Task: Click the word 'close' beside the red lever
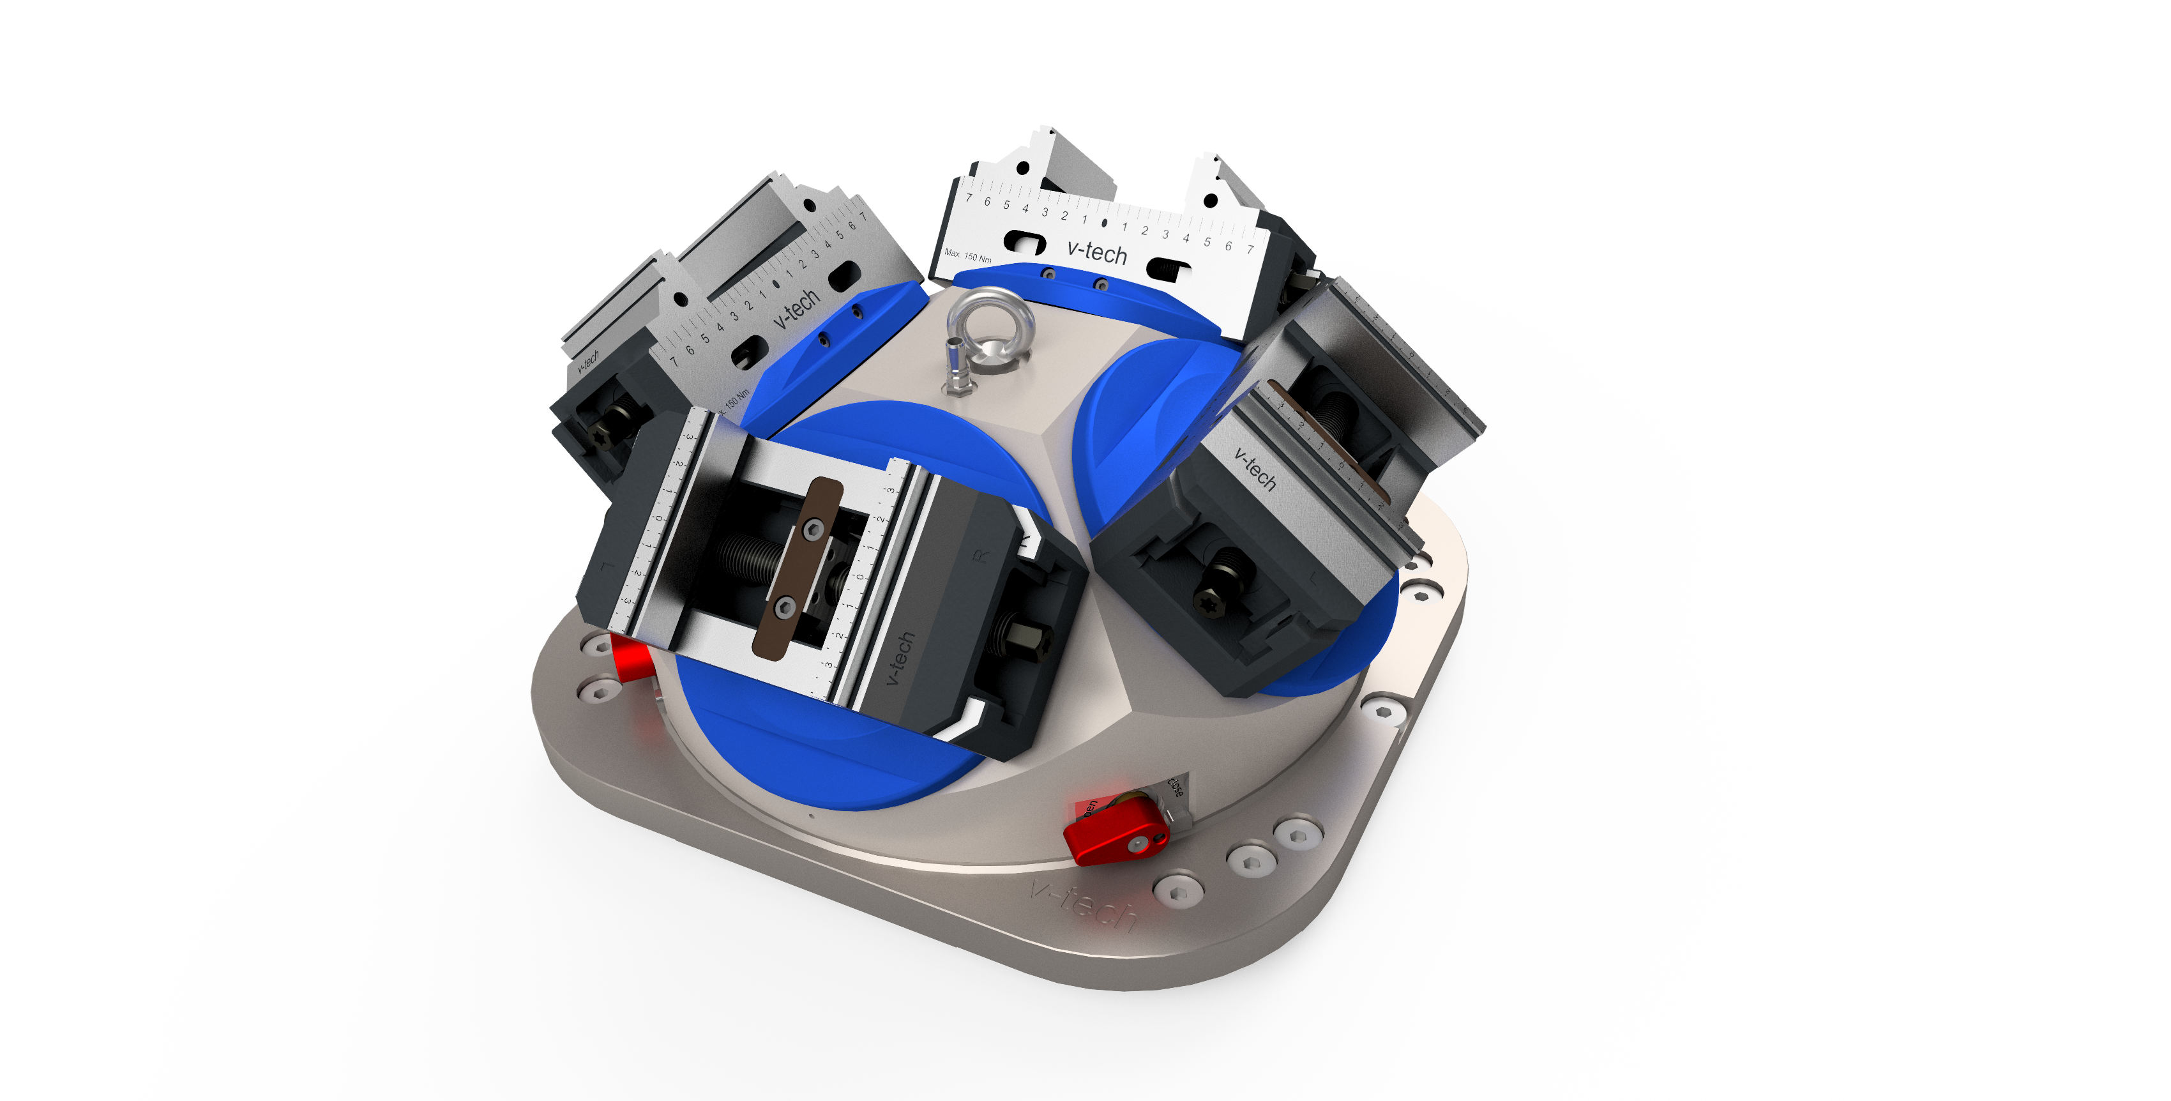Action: (x=1175, y=787)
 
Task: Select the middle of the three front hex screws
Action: (x=1249, y=860)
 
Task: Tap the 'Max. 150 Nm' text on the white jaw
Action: (x=967, y=255)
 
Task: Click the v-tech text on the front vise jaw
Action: (x=900, y=658)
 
